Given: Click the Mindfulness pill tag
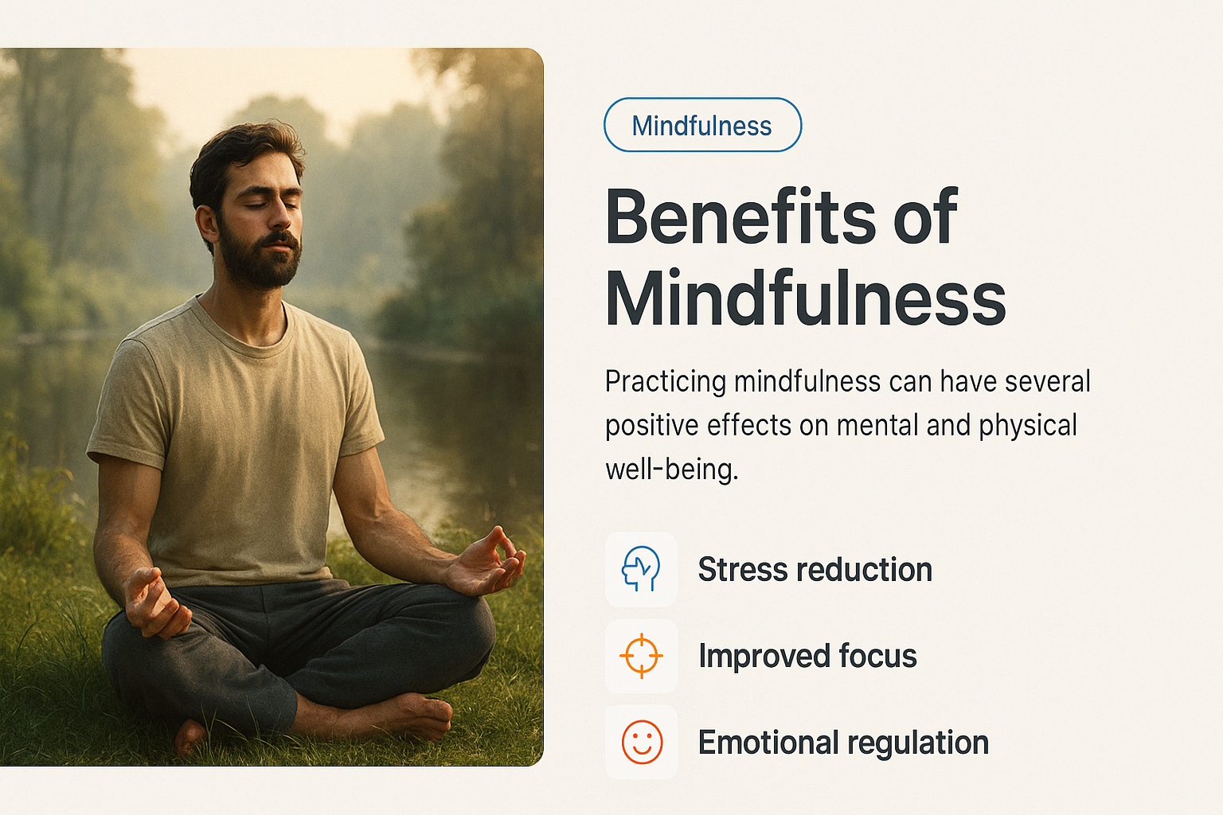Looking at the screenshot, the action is (x=703, y=125).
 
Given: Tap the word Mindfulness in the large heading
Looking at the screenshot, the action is (x=805, y=298).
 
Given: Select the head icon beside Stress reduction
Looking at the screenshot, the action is (x=641, y=569).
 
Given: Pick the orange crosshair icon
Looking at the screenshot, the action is (x=642, y=656).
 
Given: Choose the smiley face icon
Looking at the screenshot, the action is (x=642, y=743).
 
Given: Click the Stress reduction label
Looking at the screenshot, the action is (x=815, y=569).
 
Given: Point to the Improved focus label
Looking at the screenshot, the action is (x=807, y=656).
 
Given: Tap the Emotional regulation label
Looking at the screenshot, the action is (x=843, y=743).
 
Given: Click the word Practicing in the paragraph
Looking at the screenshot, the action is (x=666, y=381).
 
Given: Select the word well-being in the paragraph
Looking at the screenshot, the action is (x=671, y=469).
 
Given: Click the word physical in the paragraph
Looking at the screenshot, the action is (x=1028, y=426).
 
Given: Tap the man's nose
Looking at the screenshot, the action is (x=280, y=215).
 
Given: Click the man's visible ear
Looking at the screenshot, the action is (x=207, y=224).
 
